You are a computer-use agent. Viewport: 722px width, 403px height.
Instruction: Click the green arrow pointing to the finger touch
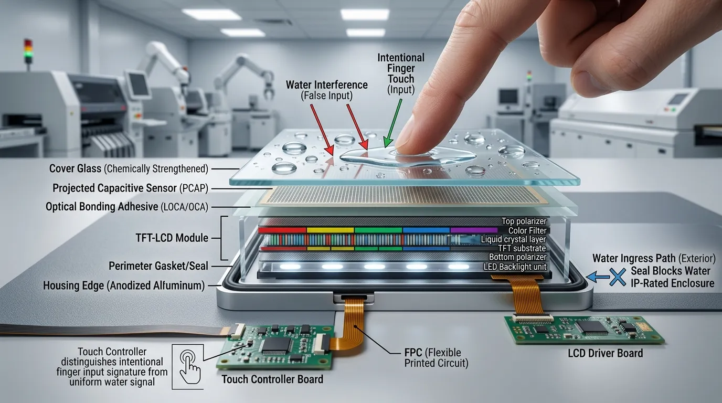[393, 123]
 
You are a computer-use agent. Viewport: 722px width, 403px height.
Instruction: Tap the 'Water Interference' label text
[326, 85]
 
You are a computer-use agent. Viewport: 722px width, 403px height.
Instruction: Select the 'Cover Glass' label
[75, 168]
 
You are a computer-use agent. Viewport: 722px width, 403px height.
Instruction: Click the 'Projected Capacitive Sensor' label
[114, 188]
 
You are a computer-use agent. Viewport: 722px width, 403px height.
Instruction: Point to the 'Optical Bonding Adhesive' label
[102, 207]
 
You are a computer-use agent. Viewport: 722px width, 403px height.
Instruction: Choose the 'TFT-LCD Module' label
[172, 238]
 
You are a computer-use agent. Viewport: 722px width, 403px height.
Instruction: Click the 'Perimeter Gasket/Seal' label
[158, 266]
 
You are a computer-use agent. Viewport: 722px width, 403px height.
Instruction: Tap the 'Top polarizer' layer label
[524, 221]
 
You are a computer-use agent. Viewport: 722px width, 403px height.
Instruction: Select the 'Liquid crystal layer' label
[514, 239]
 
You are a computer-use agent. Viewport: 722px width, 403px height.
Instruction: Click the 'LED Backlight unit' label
[515, 267]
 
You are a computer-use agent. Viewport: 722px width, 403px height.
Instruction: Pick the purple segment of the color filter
[474, 230]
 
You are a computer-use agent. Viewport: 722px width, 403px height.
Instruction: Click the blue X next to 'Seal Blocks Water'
[618, 277]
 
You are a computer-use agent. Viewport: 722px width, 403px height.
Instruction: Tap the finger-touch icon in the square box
[190, 367]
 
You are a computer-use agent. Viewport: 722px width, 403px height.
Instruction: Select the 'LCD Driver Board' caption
[606, 353]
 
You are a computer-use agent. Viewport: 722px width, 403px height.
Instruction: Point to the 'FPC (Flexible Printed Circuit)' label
[436, 358]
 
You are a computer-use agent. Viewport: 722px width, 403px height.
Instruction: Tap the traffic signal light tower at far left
[28, 51]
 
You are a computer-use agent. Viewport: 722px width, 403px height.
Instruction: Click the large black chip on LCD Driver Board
[593, 327]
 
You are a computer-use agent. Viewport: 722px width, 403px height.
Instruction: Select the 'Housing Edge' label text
[73, 285]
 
